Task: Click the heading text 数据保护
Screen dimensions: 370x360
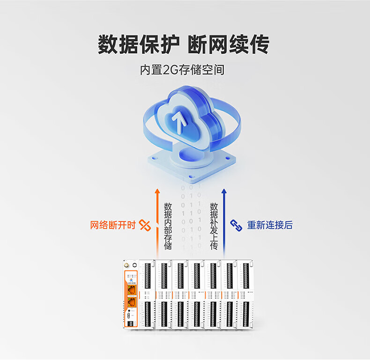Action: [x=139, y=45]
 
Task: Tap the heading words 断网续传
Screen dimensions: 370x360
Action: [x=229, y=45]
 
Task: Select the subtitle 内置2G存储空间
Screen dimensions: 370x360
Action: [x=182, y=70]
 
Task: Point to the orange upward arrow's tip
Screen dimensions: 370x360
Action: [x=157, y=191]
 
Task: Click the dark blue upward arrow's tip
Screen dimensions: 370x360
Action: [x=224, y=191]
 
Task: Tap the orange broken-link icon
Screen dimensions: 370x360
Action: [x=145, y=225]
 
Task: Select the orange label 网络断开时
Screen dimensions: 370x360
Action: [x=113, y=225]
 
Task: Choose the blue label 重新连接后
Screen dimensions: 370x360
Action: [x=270, y=225]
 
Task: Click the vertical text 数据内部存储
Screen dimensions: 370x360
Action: [x=168, y=226]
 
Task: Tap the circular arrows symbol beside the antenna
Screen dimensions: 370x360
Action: [x=134, y=265]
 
